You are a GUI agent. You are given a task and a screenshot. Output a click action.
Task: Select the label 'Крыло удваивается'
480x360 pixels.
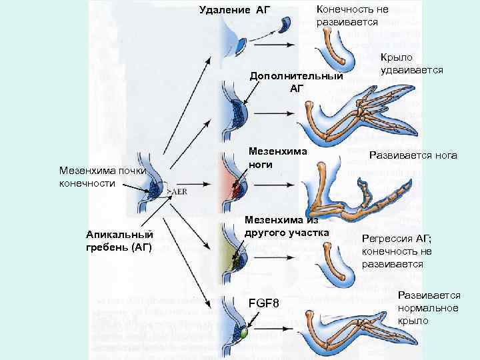(x=411, y=64)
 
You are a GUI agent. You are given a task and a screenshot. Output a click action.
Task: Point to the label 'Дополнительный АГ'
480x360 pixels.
(x=297, y=81)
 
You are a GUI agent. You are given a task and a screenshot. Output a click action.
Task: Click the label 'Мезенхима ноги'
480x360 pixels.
(x=276, y=157)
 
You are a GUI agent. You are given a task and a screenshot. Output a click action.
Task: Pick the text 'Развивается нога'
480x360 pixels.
(x=413, y=155)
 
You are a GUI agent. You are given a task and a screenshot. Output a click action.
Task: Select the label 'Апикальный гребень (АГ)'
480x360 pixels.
(x=120, y=241)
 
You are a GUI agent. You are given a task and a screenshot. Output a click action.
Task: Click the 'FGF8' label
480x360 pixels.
(x=266, y=305)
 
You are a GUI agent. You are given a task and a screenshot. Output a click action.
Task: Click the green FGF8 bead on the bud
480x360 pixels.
(x=245, y=331)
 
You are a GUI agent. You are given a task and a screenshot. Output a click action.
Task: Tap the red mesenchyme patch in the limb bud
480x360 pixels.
(x=235, y=189)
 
